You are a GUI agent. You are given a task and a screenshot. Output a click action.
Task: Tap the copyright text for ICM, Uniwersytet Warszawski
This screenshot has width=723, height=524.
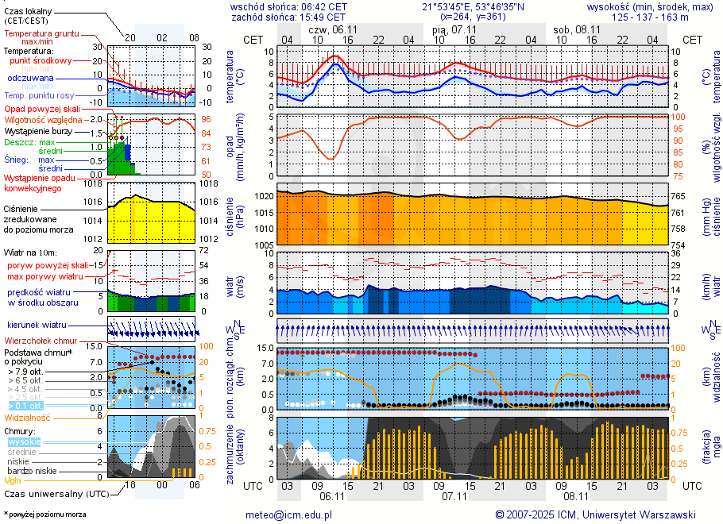(x=595, y=514)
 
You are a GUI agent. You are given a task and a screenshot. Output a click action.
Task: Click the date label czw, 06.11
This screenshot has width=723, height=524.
(x=331, y=29)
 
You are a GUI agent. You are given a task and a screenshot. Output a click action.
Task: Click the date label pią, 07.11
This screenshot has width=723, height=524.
(x=450, y=29)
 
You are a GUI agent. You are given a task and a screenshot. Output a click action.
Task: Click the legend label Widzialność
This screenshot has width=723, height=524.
(x=28, y=416)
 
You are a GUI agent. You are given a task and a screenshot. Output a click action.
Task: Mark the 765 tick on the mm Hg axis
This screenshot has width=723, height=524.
(x=682, y=195)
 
